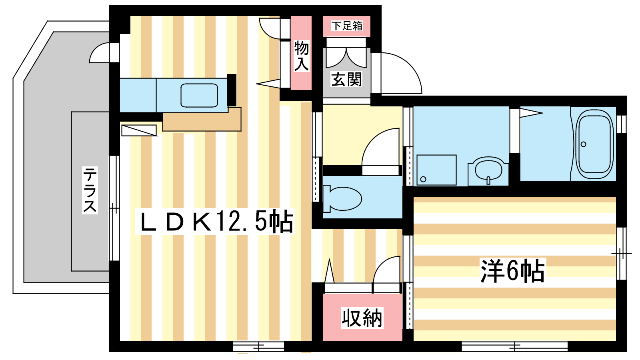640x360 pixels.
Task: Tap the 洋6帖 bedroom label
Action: tap(512, 271)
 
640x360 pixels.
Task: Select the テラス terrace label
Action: tap(90, 190)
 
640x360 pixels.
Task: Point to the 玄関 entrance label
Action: tap(346, 80)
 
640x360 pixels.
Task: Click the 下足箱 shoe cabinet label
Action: tap(347, 26)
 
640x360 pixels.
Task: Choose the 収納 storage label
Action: tap(362, 318)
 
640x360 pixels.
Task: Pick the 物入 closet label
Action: tap(302, 56)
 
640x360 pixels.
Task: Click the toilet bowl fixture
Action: tap(342, 199)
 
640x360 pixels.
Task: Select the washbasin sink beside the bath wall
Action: tap(488, 170)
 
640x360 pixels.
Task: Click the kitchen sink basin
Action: tap(199, 96)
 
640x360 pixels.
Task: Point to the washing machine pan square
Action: tap(436, 170)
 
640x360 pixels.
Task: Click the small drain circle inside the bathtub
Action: tap(584, 144)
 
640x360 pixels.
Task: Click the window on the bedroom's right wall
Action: tap(622, 254)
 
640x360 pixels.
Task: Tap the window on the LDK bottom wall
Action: tap(258, 347)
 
